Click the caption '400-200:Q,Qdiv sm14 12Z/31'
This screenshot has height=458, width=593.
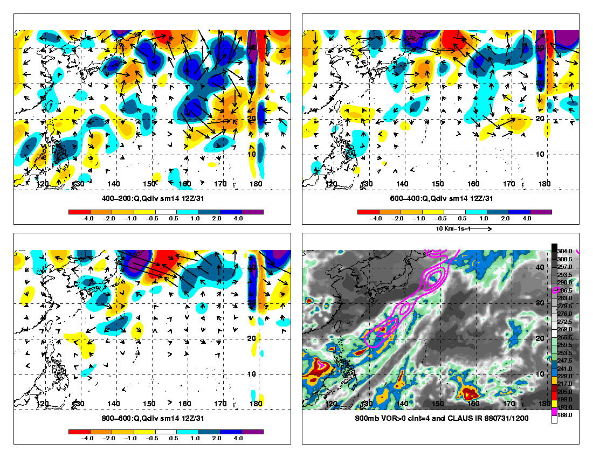(x=152, y=198)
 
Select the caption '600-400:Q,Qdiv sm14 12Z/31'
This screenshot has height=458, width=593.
(x=441, y=198)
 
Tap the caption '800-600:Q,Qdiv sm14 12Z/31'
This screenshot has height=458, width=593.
(x=152, y=418)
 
